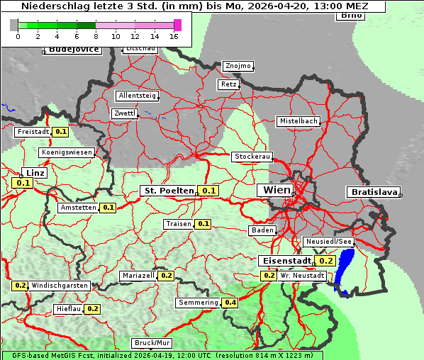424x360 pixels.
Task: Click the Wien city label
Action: pos(277,190)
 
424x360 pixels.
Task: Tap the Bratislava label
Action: pos(372,192)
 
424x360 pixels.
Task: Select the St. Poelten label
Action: pos(168,191)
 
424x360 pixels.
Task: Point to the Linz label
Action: pos(33,173)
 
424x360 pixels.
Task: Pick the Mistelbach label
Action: pos(298,121)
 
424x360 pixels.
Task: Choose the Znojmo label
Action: pos(238,66)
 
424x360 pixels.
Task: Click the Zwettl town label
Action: pos(124,113)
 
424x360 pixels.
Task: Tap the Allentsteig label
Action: pos(137,96)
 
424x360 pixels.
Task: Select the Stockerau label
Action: pos(252,157)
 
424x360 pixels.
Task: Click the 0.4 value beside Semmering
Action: pos(230,303)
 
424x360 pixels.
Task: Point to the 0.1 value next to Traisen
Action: pos(203,224)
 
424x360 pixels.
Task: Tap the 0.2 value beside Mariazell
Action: pos(167,275)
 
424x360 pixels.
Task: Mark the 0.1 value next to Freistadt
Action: pos(61,131)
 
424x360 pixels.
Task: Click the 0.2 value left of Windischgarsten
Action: pos(20,285)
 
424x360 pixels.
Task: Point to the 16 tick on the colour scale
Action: pos(174,36)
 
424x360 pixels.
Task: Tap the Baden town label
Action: pos(262,230)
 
